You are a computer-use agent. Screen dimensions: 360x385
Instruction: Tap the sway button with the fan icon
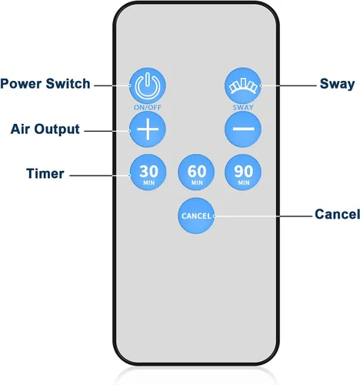pyautogui.click(x=243, y=85)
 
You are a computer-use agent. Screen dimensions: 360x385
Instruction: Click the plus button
pyautogui.click(x=148, y=129)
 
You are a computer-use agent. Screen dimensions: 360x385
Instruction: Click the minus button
pyautogui.click(x=243, y=129)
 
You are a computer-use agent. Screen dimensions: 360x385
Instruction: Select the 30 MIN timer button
pyautogui.click(x=148, y=172)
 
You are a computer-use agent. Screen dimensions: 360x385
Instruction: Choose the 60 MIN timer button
pyautogui.click(x=196, y=172)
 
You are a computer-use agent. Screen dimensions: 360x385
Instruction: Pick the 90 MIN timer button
pyautogui.click(x=243, y=172)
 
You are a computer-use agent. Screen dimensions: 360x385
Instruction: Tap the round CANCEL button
pyautogui.click(x=196, y=216)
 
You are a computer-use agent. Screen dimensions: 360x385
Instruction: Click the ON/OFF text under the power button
pyautogui.click(x=148, y=107)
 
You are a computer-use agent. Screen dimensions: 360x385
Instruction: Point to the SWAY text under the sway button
pyautogui.click(x=243, y=107)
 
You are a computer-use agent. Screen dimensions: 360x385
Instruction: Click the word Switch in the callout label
pyautogui.click(x=68, y=84)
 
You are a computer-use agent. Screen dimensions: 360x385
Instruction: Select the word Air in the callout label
pyautogui.click(x=20, y=129)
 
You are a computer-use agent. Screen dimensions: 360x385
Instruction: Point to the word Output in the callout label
pyautogui.click(x=57, y=129)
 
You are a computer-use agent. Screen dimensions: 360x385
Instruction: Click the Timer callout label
pyautogui.click(x=45, y=173)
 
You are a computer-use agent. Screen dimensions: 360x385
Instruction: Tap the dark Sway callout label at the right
pyautogui.click(x=337, y=84)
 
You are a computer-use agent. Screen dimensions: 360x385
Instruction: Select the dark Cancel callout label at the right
pyautogui.click(x=337, y=214)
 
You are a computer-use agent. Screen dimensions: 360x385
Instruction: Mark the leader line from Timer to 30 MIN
pyautogui.click(x=100, y=176)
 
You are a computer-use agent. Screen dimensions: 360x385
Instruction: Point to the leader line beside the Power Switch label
pyautogui.click(x=112, y=85)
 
